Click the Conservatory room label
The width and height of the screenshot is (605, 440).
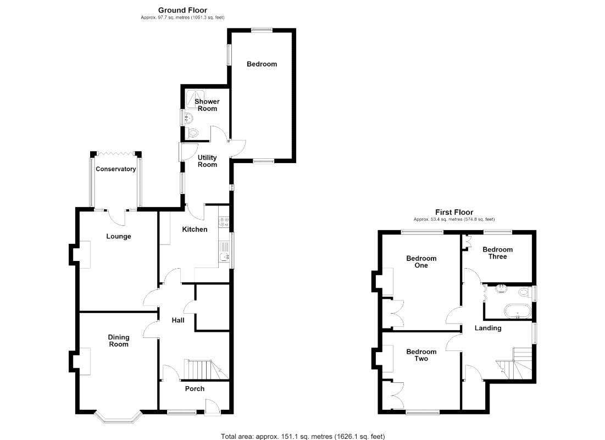pos(116,169)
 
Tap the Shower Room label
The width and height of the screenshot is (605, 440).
pos(207,105)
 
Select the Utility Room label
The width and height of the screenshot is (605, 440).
pos(207,161)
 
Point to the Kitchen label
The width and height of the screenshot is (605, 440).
pos(195,230)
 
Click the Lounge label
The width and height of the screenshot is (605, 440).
pos(119,236)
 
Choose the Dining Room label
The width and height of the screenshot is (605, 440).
pos(119,341)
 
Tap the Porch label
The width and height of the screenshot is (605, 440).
pos(195,389)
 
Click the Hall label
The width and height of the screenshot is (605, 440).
pos(178,320)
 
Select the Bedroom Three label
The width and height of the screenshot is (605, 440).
pos(498,253)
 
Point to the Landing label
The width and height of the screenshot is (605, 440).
pos(488,328)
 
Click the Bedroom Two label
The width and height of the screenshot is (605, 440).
pos(421,355)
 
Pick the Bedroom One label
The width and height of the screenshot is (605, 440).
pos(421,262)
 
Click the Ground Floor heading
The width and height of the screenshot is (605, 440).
pos(182,10)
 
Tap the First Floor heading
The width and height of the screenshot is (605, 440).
pos(454,212)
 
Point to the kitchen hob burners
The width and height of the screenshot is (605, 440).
pos(224,222)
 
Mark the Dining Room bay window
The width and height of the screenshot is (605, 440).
pos(119,417)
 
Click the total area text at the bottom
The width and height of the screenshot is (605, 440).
pos(303,437)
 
